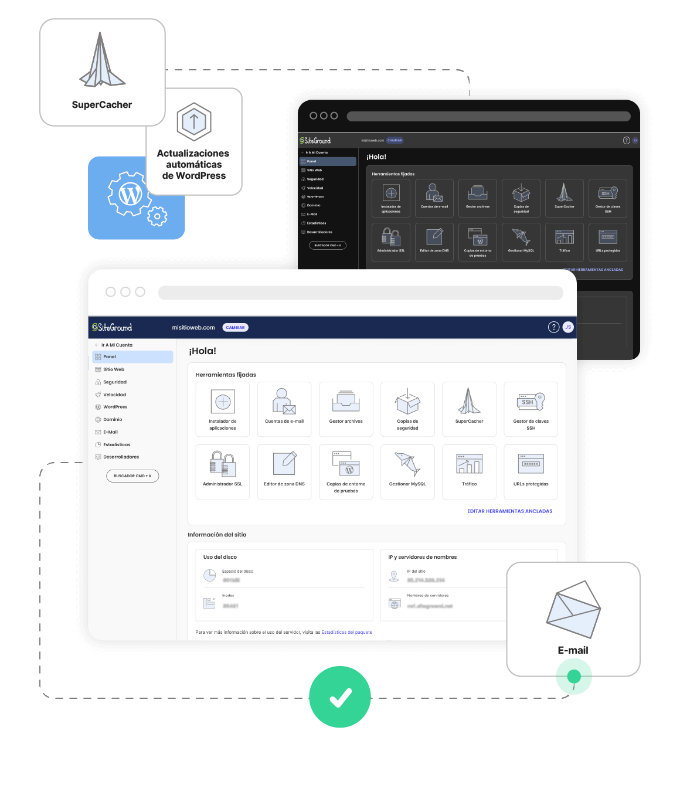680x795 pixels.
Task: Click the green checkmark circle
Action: tap(340, 697)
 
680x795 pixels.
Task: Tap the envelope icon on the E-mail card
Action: tap(573, 609)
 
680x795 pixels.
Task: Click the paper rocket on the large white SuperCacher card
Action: tap(101, 61)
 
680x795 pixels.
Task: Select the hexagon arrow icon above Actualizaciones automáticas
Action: tap(194, 121)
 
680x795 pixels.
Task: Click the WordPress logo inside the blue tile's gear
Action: tap(130, 194)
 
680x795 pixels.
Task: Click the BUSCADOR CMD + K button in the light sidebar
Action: tap(132, 476)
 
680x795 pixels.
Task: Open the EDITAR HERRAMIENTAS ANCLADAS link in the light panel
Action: tap(509, 511)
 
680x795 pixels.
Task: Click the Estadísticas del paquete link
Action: tap(346, 633)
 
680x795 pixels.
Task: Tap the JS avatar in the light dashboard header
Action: tap(568, 327)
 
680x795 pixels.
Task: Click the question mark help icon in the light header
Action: tap(553, 327)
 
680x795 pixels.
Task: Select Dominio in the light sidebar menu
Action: tap(113, 420)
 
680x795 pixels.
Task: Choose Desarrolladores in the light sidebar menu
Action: tap(121, 457)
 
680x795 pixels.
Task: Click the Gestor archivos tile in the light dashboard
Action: tap(346, 409)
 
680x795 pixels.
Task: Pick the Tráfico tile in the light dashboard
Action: tap(469, 472)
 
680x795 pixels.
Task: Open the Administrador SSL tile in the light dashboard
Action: tap(223, 472)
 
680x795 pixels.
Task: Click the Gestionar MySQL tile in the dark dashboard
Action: tap(521, 242)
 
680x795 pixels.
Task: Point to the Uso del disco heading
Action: tap(220, 557)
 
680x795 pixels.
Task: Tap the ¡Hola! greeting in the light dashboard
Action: tap(202, 351)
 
